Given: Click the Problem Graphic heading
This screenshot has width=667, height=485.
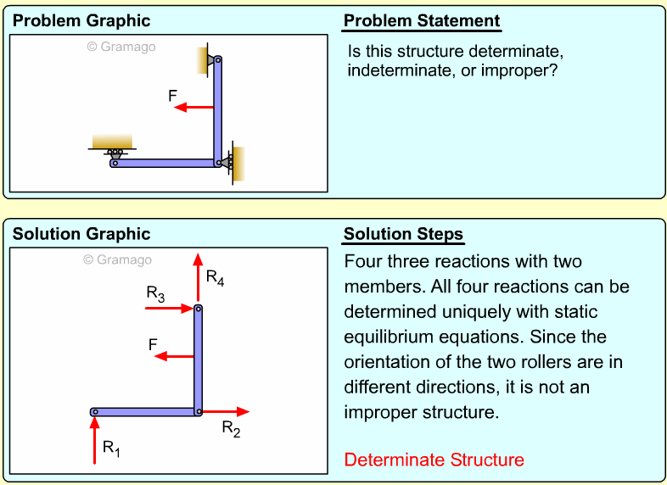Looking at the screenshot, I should coord(81,21).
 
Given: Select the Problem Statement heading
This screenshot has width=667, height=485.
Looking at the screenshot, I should coord(422,21).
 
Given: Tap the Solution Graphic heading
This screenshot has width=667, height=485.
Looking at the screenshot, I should coord(81,234).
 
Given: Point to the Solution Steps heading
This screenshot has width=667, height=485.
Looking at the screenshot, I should coord(403,234).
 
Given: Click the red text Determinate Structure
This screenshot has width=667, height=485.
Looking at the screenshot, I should coord(434,460).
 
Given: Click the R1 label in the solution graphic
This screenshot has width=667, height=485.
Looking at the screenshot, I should coord(111,448).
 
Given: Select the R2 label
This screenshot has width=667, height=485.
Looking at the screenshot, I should coord(231,428).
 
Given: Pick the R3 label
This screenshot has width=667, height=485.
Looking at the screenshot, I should coord(155,293).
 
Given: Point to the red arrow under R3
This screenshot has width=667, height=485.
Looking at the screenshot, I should coord(172,309).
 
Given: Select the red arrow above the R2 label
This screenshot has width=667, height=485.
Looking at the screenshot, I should coord(226,412).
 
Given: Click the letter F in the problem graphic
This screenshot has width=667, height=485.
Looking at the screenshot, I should coord(173,97).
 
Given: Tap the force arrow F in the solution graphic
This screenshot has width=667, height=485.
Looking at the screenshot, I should coord(175,356).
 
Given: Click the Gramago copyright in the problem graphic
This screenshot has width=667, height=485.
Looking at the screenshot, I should coord(121,47).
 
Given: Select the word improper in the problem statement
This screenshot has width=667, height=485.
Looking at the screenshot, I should coord(518,70).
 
